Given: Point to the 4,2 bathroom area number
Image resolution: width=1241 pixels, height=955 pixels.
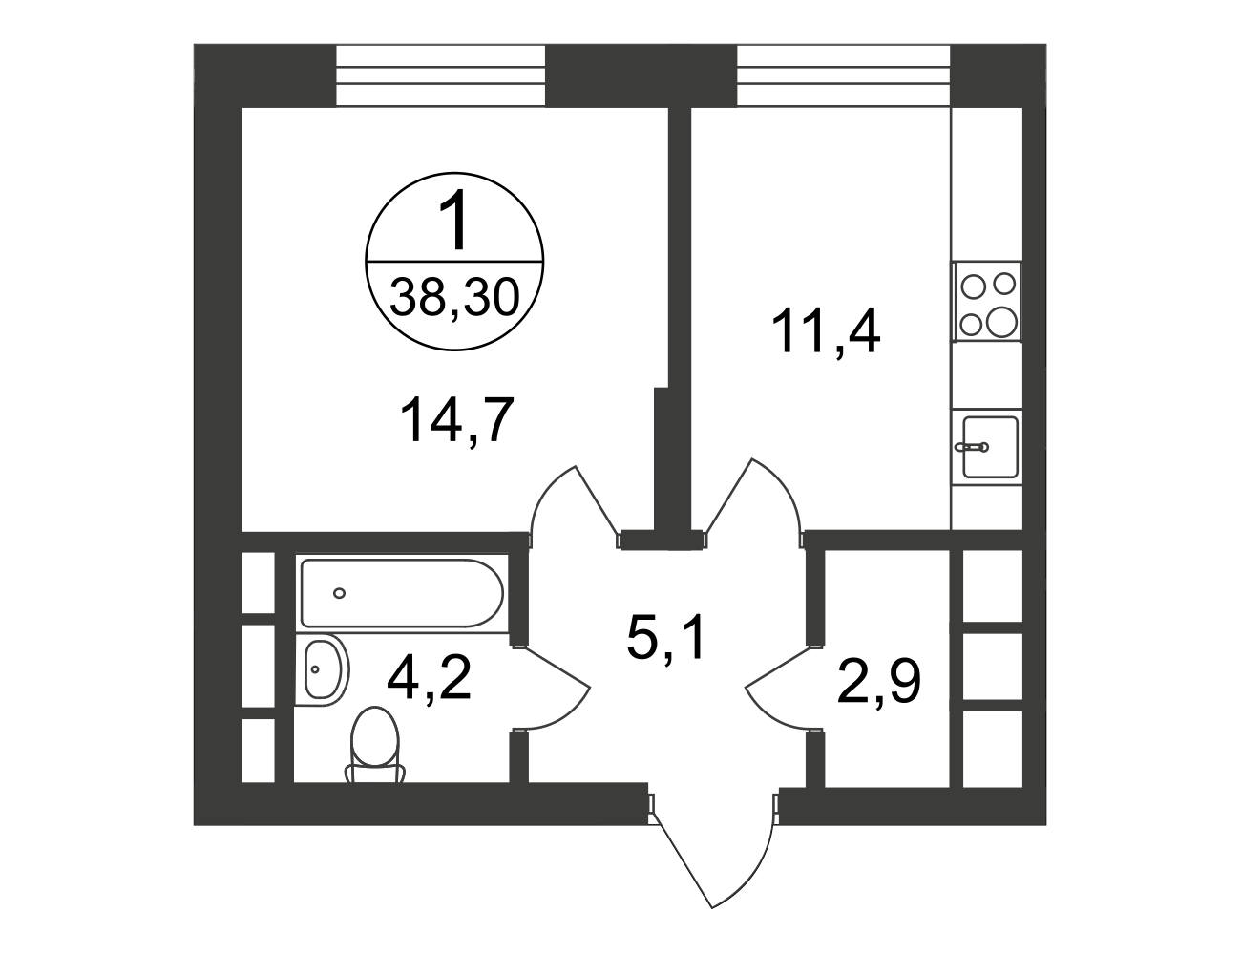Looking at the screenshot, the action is click(x=429, y=677).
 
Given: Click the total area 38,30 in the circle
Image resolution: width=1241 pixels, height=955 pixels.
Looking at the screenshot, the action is click(x=454, y=298).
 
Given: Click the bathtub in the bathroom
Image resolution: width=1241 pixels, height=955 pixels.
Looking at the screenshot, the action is click(x=402, y=593).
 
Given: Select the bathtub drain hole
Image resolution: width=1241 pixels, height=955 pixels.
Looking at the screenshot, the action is click(x=339, y=593).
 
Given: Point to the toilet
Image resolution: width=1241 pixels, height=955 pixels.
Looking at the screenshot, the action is click(x=374, y=746).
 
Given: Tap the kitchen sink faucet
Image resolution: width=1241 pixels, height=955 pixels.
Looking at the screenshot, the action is click(x=973, y=447).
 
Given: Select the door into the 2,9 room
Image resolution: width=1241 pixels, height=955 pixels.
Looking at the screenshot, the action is click(x=783, y=689).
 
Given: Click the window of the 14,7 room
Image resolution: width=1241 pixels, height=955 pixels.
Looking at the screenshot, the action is click(x=440, y=75).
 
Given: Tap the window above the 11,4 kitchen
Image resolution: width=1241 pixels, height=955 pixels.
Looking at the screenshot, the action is click(x=844, y=75).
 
